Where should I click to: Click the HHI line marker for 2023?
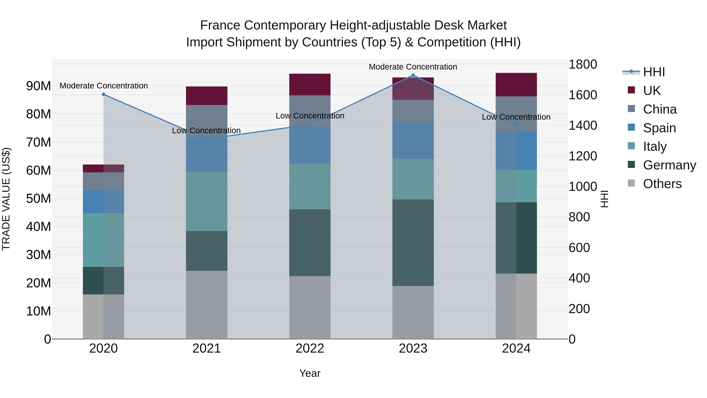[413, 75]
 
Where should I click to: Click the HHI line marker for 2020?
[103, 94]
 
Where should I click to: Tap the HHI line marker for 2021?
[207, 139]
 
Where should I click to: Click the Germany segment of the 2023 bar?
[413, 243]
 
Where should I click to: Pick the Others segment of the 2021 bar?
[207, 305]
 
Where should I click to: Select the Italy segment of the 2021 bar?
[207, 201]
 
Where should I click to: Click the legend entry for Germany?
[669, 165]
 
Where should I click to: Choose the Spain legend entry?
[659, 128]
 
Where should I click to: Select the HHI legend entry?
[654, 72]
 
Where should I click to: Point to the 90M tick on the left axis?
[38, 86]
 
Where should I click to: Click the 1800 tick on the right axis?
[583, 64]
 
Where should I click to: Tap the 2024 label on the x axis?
[516, 348]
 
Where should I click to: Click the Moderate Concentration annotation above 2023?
[413, 67]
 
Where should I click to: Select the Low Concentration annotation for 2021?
[206, 131]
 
